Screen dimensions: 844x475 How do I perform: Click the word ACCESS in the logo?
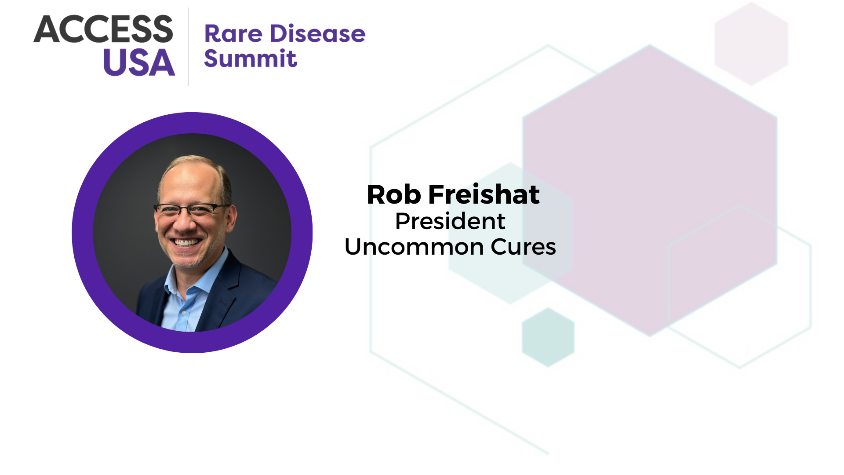click(x=103, y=29)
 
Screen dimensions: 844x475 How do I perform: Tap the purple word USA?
click(x=139, y=62)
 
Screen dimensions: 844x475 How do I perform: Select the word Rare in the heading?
click(x=233, y=34)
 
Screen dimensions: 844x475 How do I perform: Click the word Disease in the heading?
click(x=317, y=34)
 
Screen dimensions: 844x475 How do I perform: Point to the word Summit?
click(x=251, y=58)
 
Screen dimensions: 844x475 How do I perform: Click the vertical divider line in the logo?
click(x=188, y=47)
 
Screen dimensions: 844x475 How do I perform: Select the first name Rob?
click(x=394, y=194)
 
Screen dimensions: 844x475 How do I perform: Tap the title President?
click(x=450, y=221)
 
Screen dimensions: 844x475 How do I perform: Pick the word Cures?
click(x=524, y=247)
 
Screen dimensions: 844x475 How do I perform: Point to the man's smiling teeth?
click(x=186, y=242)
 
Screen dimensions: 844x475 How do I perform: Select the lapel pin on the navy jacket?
click(x=223, y=301)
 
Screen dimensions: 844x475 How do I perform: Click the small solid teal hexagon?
click(x=548, y=337)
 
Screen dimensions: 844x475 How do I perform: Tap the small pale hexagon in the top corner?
click(x=751, y=44)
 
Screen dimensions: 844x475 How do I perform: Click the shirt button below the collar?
click(x=184, y=312)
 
